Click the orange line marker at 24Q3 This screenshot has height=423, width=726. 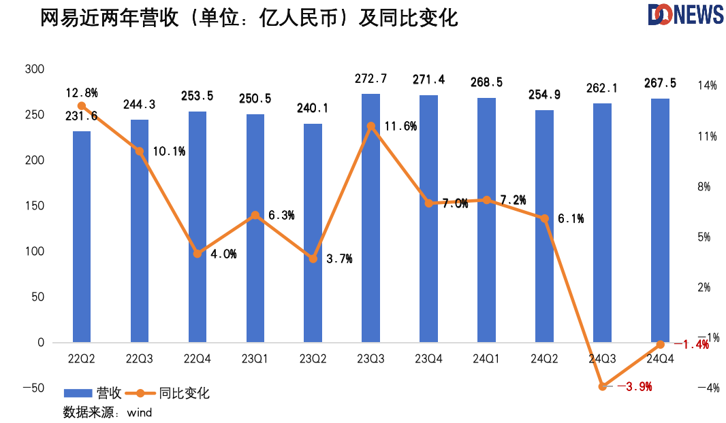click(x=603, y=386)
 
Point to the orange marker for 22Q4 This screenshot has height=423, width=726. click(x=198, y=254)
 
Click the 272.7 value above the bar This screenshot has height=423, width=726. click(x=370, y=79)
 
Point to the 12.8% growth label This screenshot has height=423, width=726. click(x=81, y=92)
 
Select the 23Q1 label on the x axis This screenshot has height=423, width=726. click(x=255, y=358)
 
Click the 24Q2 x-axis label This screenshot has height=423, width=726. click(x=544, y=358)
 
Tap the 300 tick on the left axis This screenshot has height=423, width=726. click(x=34, y=69)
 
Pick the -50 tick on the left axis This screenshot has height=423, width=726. click(x=31, y=388)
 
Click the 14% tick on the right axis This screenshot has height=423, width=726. click(x=708, y=86)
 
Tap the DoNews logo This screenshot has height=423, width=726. click(x=684, y=15)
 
